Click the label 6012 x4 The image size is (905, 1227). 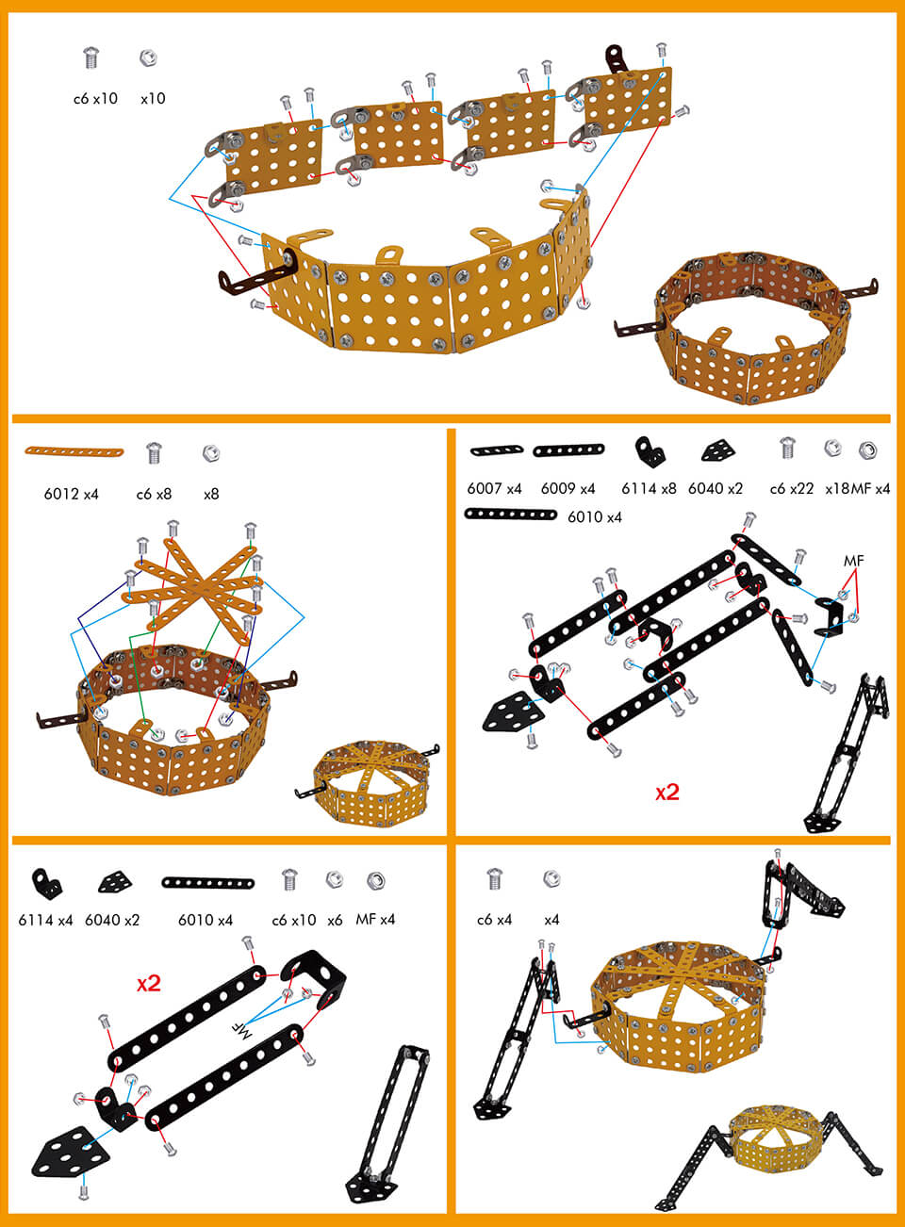[x=71, y=494]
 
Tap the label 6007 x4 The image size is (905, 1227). [x=494, y=488]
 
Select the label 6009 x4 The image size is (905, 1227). [x=568, y=488]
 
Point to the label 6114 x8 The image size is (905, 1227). [x=649, y=488]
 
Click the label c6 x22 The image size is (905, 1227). [x=791, y=488]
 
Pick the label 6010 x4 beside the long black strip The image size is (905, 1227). [x=594, y=516]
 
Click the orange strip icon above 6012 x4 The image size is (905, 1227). [x=74, y=452]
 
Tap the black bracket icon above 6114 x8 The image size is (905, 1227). [x=650, y=450]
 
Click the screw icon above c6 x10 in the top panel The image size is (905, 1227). [x=91, y=58]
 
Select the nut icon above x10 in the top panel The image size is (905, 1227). [x=148, y=58]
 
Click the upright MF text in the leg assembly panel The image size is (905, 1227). [x=853, y=561]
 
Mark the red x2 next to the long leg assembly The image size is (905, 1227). [x=667, y=793]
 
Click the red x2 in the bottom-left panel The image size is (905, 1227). [x=149, y=984]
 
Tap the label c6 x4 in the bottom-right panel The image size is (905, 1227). [x=494, y=919]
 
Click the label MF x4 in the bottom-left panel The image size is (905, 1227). [x=375, y=919]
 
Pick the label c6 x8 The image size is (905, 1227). [x=154, y=494]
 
